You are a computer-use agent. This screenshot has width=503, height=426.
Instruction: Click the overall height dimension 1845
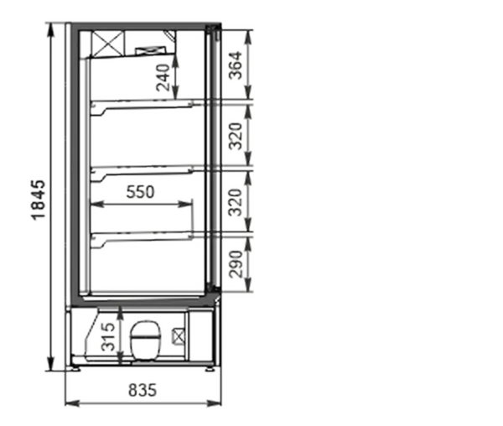pyautogui.click(x=39, y=200)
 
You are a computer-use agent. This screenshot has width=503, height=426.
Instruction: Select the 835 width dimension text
pyautogui.click(x=143, y=391)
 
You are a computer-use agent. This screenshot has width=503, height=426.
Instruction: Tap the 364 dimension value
pyautogui.click(x=235, y=65)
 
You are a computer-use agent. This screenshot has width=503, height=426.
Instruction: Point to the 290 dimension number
pyautogui.click(x=235, y=264)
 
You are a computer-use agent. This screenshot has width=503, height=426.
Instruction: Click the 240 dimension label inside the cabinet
pyautogui.click(x=163, y=78)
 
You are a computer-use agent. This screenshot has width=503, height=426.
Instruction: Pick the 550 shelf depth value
pyautogui.click(x=140, y=192)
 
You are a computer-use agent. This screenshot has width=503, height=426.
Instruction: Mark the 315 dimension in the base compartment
pyautogui.click(x=108, y=337)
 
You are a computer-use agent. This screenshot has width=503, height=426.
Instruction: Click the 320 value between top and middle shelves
pyautogui.click(x=235, y=136)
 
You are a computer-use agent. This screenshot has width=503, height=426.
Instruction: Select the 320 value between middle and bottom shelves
pyautogui.click(x=235, y=203)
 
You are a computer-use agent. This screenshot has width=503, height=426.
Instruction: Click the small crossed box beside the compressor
pyautogui.click(x=179, y=336)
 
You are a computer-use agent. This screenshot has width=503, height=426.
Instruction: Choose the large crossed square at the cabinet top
pyautogui.click(x=107, y=44)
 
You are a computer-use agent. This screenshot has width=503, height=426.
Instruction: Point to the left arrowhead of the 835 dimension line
pyautogui.click(x=72, y=403)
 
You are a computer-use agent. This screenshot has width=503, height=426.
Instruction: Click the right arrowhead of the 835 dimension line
pyautogui.click(x=215, y=403)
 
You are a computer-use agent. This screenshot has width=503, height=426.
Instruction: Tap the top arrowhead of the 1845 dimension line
pyautogui.click(x=50, y=30)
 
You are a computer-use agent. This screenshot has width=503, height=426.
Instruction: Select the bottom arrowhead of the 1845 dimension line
pyautogui.click(x=50, y=364)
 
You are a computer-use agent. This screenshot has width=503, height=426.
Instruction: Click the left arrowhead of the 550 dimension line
pyautogui.click(x=97, y=205)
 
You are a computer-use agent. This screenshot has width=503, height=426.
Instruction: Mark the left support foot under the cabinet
pyautogui.click(x=76, y=369)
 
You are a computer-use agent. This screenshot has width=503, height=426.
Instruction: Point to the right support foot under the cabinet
pyautogui.click(x=210, y=369)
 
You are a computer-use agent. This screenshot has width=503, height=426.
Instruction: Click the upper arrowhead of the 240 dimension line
pyautogui.click(x=175, y=61)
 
